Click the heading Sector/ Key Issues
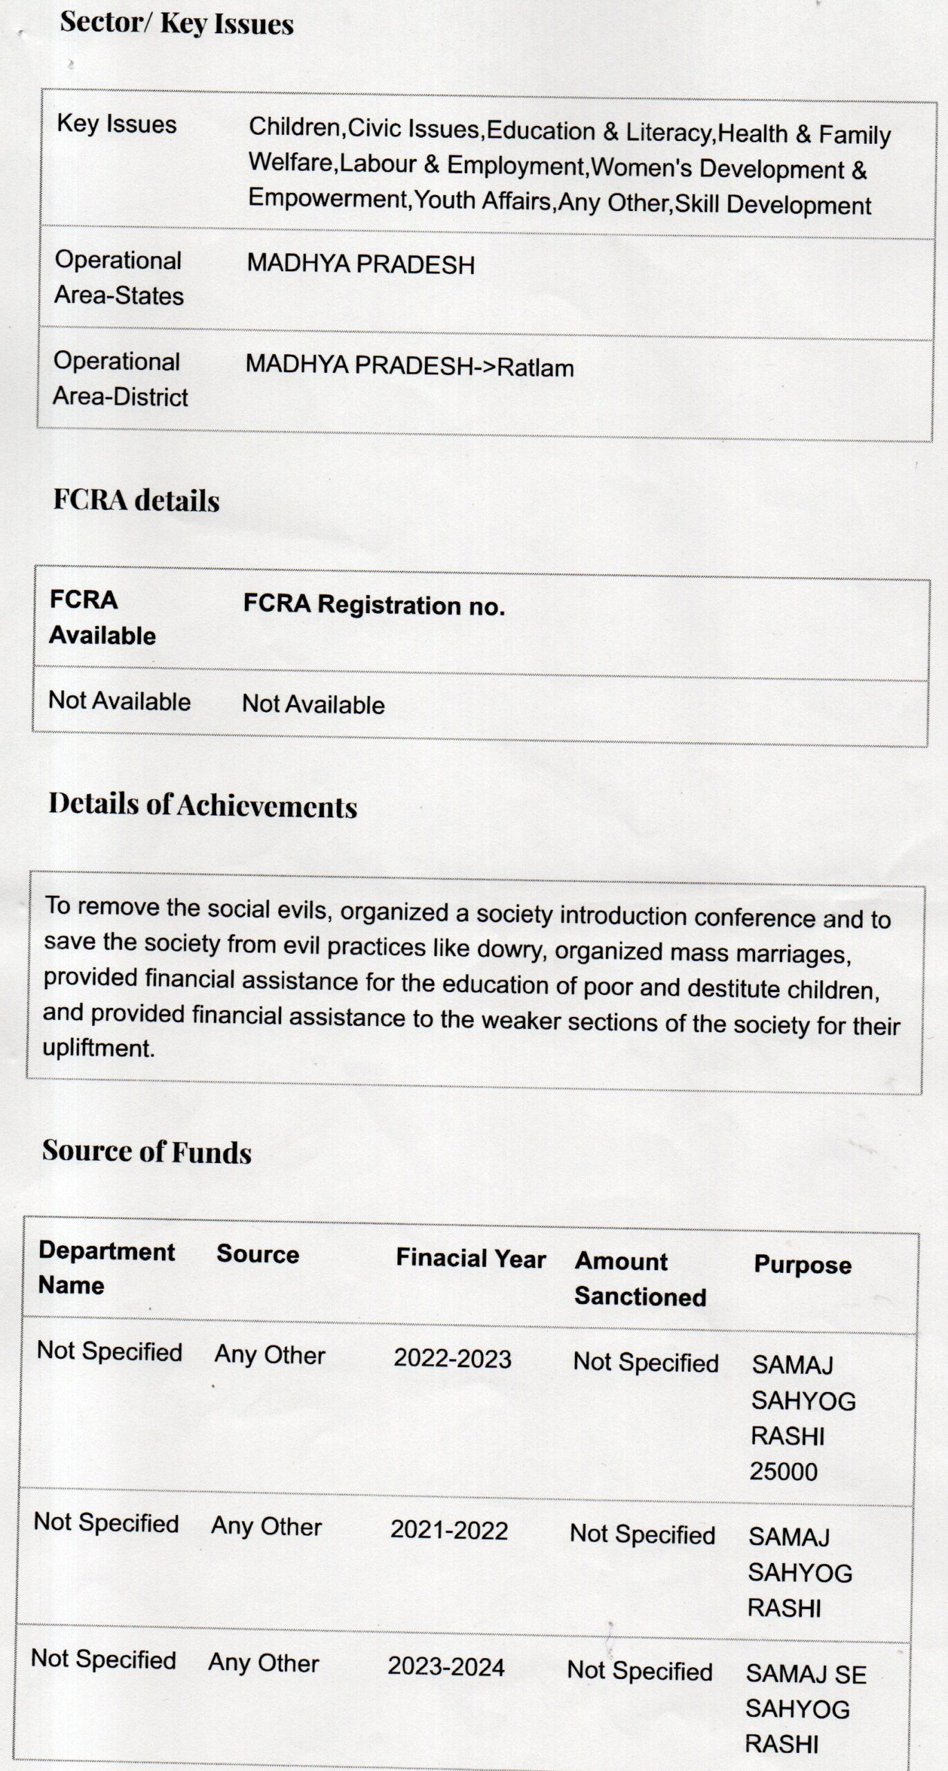[176, 23]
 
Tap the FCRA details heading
[136, 500]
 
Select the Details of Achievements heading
[203, 805]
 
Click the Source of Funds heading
[147, 1150]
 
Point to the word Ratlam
[536, 367]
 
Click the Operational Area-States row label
[119, 277]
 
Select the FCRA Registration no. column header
[374, 605]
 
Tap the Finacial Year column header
[471, 1258]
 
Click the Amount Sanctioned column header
[640, 1278]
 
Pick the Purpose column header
[803, 1265]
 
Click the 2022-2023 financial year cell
[453, 1358]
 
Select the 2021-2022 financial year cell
[449, 1530]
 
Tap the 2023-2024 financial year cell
[446, 1667]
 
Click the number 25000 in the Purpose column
[783, 1471]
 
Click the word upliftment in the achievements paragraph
[98, 1047]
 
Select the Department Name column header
[107, 1267]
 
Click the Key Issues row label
[116, 124]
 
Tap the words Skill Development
[773, 205]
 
